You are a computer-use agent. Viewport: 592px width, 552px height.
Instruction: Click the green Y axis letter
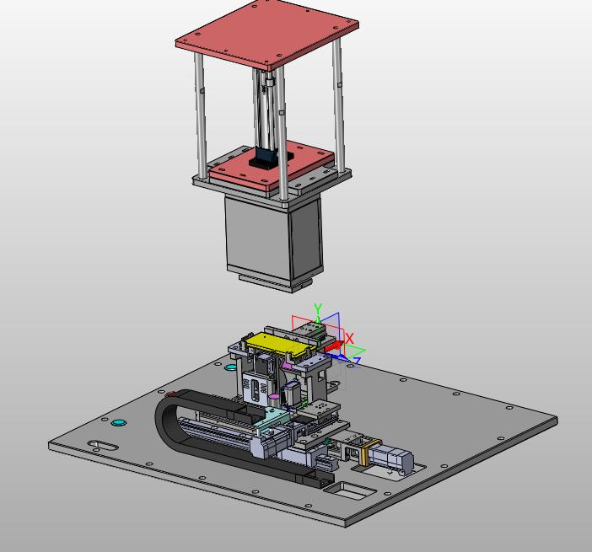(318, 308)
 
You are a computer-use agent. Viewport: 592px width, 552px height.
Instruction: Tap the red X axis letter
(349, 338)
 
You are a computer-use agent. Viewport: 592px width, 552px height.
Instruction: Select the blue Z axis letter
(357, 361)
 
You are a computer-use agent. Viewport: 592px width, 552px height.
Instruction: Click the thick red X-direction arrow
(334, 346)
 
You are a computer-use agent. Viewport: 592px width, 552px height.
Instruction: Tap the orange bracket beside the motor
(364, 452)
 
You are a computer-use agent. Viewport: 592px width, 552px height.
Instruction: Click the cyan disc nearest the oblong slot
(118, 422)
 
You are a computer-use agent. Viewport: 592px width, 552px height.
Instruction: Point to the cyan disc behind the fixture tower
(230, 367)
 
